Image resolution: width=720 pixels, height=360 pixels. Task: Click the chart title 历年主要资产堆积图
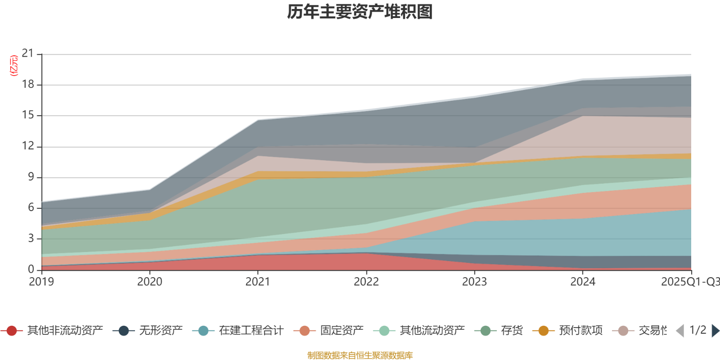[360, 12]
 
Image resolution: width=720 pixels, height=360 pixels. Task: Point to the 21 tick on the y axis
[28, 54]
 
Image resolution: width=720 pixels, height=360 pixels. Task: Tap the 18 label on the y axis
[28, 84]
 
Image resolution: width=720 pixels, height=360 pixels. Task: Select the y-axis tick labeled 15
[28, 115]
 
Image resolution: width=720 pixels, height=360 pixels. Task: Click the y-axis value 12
[28, 146]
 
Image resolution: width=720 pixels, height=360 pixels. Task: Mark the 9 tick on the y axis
[31, 177]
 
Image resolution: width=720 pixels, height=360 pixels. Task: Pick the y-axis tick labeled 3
[31, 238]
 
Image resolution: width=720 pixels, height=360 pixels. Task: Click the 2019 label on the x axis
[41, 282]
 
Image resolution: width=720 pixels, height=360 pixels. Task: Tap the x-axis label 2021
[258, 282]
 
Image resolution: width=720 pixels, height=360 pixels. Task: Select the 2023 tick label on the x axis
[474, 282]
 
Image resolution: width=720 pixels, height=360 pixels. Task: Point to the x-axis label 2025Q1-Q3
[689, 282]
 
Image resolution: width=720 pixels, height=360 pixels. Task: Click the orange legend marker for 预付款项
[544, 331]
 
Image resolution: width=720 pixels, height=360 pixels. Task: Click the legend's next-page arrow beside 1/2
[715, 331]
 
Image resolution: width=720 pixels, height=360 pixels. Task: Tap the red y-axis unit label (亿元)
[14, 66]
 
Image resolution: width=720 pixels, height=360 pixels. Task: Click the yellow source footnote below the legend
[360, 355]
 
